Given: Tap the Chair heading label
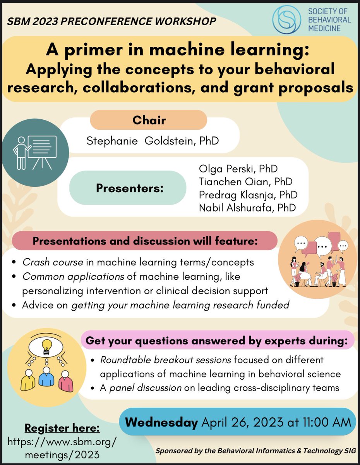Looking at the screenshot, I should pyautogui.click(x=149, y=120).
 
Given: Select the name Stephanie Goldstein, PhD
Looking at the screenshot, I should pyautogui.click(x=153, y=140).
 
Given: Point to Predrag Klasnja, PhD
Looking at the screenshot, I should pyautogui.click(x=247, y=195).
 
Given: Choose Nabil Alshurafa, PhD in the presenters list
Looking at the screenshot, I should pyautogui.click(x=247, y=207).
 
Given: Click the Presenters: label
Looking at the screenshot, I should pyautogui.click(x=130, y=188).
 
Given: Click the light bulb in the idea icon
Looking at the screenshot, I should pyautogui.click(x=46, y=344).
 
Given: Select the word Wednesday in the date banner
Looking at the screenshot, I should pyautogui.click(x=161, y=422).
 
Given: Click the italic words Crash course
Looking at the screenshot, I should pyautogui.click(x=52, y=262).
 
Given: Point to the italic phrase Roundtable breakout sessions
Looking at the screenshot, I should pyautogui.click(x=166, y=360).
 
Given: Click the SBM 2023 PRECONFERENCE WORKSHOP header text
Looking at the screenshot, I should pyautogui.click(x=112, y=21).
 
